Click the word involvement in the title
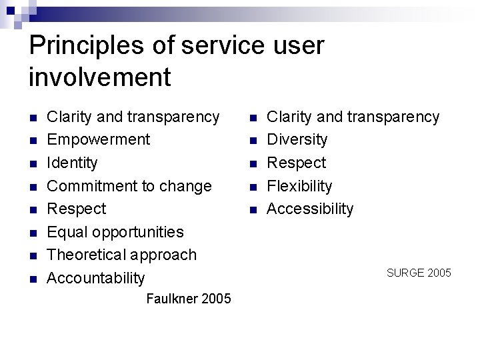click(100, 77)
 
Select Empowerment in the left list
click(99, 140)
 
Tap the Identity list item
click(72, 163)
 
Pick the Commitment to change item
click(129, 186)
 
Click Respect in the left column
click(77, 209)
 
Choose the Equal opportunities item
click(115, 232)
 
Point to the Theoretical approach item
click(122, 255)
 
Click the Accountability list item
click(96, 278)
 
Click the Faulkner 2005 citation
click(188, 299)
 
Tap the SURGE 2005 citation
click(419, 273)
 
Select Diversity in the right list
click(297, 140)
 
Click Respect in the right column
click(297, 163)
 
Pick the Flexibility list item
click(299, 186)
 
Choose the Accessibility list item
click(310, 209)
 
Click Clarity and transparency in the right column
click(353, 117)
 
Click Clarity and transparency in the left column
click(133, 117)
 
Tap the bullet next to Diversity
click(253, 141)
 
